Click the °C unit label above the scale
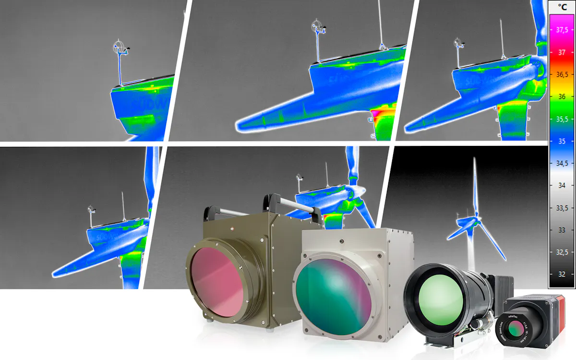[x=562, y=8]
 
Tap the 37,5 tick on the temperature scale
[x=562, y=30]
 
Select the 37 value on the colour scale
[x=561, y=52]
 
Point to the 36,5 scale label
[x=562, y=74]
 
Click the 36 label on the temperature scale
[x=561, y=96]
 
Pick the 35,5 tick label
[x=562, y=119]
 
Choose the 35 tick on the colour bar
[x=561, y=141]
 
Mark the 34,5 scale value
[x=562, y=163]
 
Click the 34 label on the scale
[x=561, y=185]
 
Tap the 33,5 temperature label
[x=562, y=208]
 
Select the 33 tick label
[x=561, y=230]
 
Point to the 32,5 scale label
[x=562, y=252]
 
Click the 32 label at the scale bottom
[x=561, y=274]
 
